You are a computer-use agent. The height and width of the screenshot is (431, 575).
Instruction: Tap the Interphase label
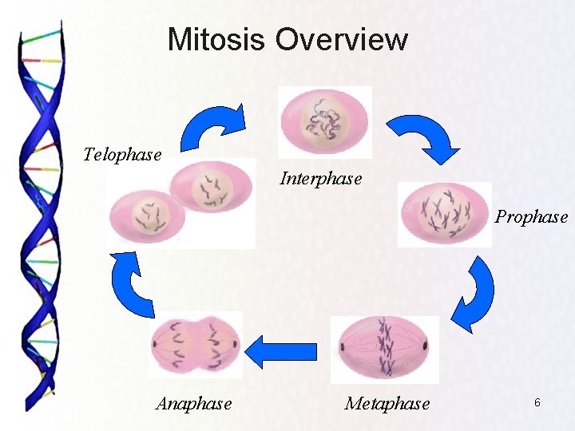(320, 178)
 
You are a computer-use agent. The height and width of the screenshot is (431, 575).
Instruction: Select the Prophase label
(531, 216)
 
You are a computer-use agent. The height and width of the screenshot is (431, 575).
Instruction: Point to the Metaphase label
(387, 404)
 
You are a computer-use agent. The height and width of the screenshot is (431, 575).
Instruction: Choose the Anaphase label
(194, 404)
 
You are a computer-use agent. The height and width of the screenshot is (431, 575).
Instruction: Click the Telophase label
(122, 154)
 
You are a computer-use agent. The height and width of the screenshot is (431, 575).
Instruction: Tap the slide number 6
(537, 403)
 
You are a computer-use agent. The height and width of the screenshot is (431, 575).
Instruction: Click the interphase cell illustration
(324, 122)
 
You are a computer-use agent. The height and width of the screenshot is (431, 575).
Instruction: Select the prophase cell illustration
(445, 214)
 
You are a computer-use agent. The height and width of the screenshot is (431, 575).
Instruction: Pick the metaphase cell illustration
(385, 349)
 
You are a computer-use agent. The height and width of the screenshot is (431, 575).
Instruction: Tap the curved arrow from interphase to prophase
(422, 136)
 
